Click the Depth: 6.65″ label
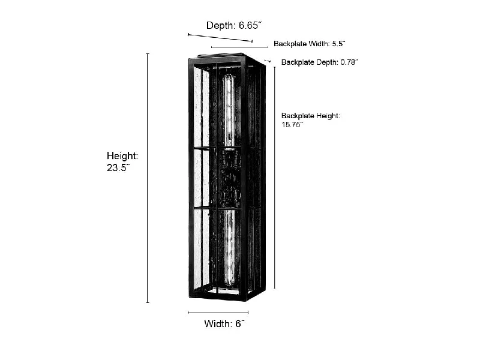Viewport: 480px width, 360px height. point(234,25)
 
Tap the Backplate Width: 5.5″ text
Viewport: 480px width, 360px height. point(310,44)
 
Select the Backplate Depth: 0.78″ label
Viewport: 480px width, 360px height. point(320,62)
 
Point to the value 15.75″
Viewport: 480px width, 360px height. point(292,125)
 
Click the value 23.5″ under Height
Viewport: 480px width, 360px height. point(118,168)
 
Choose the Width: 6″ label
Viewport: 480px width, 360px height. point(224,323)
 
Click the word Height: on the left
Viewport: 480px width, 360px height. point(122,156)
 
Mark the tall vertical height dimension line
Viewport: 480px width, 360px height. point(148,178)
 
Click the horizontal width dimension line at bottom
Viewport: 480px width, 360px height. point(218,312)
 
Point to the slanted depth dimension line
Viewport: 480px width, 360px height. point(220,38)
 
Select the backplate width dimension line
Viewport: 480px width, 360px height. point(239,47)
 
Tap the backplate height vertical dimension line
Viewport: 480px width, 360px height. point(275,178)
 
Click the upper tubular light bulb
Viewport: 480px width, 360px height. point(229,110)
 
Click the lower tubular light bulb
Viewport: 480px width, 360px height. point(229,247)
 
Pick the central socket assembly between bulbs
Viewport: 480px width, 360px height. point(229,178)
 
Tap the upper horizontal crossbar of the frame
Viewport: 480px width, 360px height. point(218,149)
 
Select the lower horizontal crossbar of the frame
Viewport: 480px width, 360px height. point(218,208)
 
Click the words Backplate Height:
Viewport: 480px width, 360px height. point(311,116)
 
